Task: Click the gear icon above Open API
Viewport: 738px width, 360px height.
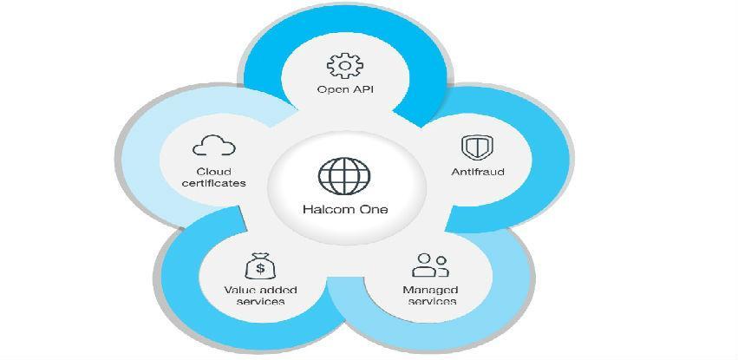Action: point(344,65)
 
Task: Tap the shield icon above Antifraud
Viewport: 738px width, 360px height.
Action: point(473,147)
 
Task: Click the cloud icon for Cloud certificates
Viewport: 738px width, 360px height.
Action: point(214,146)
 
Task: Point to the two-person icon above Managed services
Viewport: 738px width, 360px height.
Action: point(431,265)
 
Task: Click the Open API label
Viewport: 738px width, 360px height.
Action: point(344,90)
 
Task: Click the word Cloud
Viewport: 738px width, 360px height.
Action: point(213,171)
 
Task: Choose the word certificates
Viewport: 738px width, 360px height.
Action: point(214,183)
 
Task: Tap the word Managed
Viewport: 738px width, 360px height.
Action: point(430,289)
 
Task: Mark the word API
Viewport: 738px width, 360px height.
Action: point(361,90)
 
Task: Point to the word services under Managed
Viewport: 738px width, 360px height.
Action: point(431,301)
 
